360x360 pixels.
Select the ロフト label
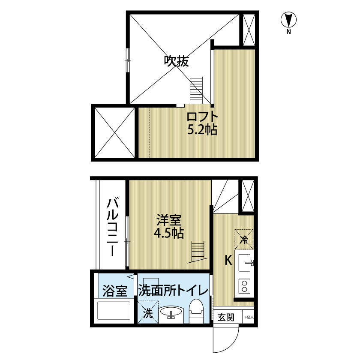[x=202, y=117]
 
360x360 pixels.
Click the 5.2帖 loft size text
[x=202, y=130]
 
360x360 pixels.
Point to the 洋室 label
[x=169, y=220]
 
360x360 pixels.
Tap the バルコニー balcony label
[x=113, y=228]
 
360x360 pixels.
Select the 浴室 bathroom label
[x=114, y=291]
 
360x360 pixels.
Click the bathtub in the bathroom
[x=114, y=310]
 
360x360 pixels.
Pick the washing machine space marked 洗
[x=148, y=312]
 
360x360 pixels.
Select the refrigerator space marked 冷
[x=244, y=239]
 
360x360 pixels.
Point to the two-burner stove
[x=244, y=285]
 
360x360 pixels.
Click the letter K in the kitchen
[x=228, y=261]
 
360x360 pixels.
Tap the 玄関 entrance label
[x=226, y=317]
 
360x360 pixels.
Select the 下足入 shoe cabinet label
[x=249, y=317]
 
